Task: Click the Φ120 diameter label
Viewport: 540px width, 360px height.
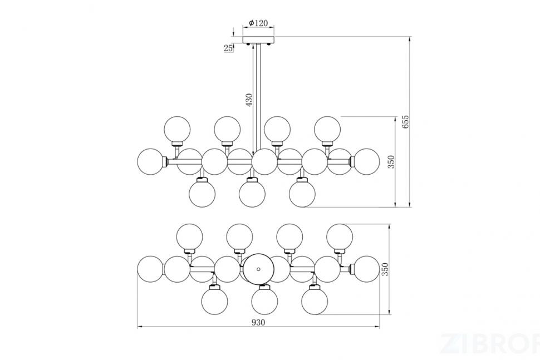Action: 258,23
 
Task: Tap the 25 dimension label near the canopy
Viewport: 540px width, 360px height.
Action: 228,48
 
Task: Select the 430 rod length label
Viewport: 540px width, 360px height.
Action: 249,100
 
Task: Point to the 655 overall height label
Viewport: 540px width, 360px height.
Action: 406,122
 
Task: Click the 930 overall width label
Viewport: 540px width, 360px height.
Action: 258,323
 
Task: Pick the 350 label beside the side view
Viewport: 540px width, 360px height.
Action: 391,162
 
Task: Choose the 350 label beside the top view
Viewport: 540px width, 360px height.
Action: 385,269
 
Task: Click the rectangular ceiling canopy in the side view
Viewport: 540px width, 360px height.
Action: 259,40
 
